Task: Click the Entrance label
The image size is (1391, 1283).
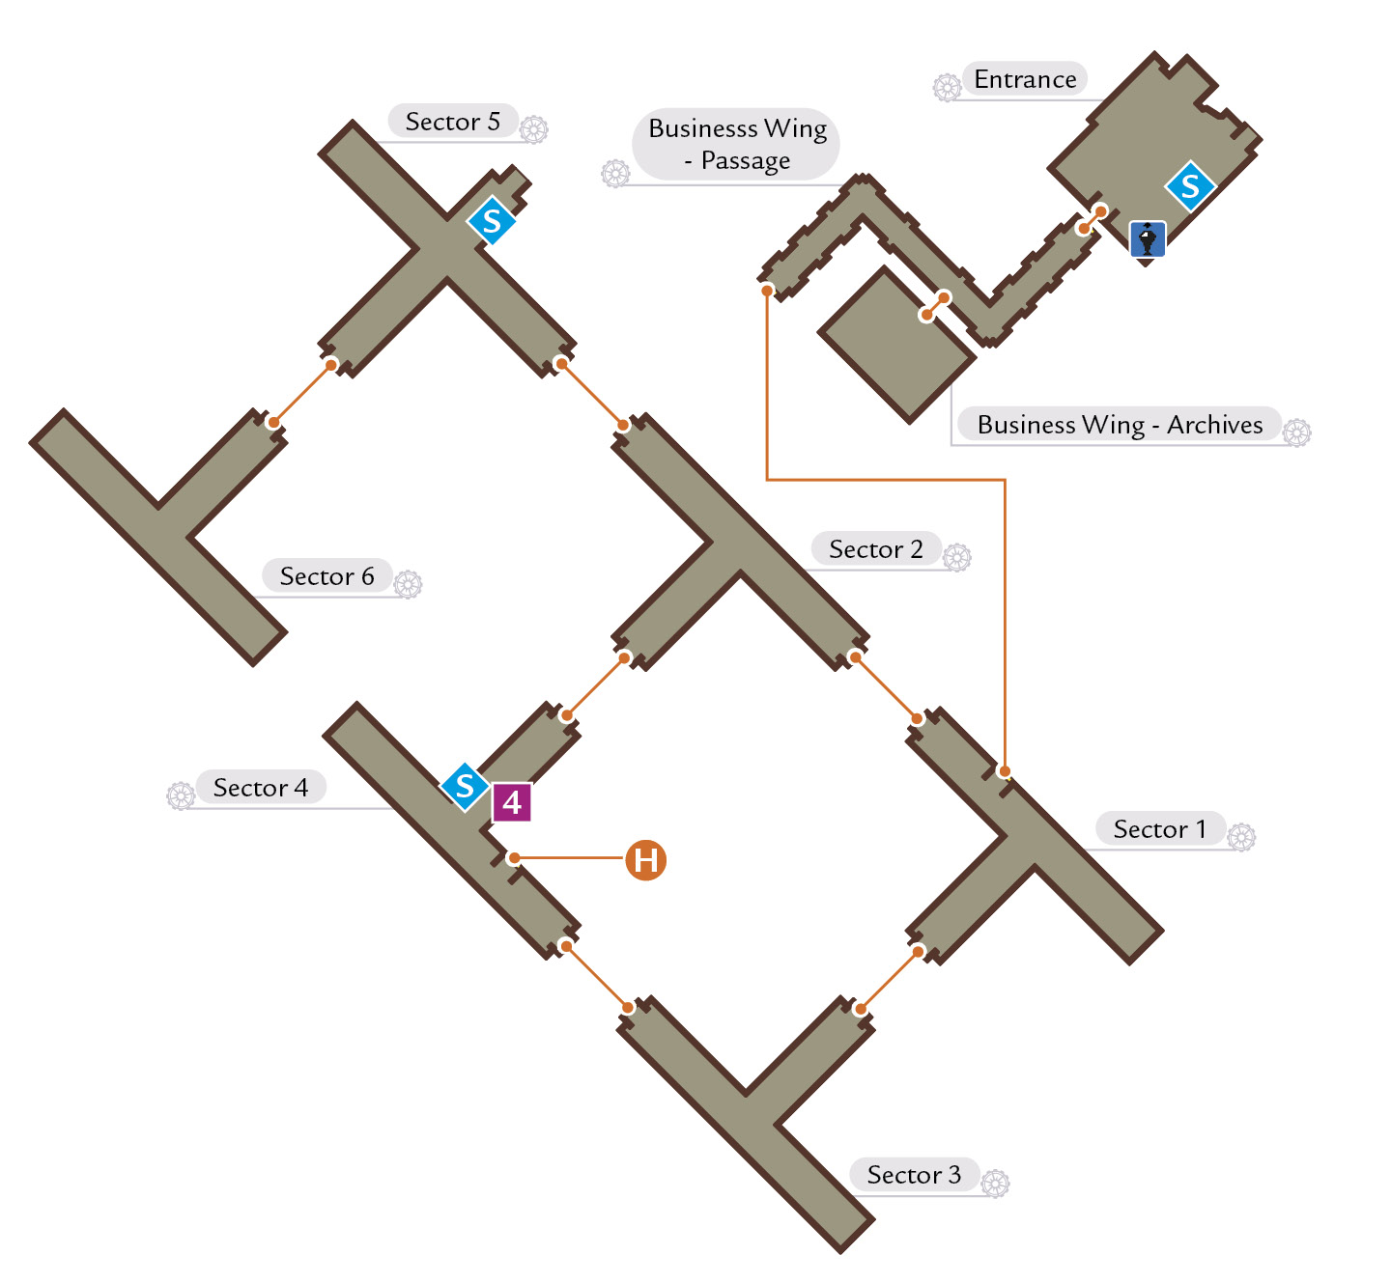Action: tap(1025, 79)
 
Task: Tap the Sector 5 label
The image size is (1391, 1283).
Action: tap(452, 122)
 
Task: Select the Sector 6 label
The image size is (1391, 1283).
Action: tap(326, 575)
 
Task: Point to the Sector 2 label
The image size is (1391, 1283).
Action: tap(875, 549)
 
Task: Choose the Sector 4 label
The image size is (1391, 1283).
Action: tap(261, 787)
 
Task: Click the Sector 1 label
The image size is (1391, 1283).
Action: tap(1159, 829)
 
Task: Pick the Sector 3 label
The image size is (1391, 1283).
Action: tap(913, 1175)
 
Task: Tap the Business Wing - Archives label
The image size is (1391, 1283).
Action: tap(1120, 425)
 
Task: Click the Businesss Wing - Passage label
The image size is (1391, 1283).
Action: tap(737, 144)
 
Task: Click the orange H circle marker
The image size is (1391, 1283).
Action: tap(645, 859)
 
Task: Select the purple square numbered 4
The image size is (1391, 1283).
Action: tap(512, 802)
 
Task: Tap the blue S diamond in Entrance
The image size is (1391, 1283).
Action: tap(1190, 186)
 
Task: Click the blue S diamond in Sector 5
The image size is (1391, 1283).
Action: tap(492, 220)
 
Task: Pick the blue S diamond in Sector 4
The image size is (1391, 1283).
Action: tap(465, 787)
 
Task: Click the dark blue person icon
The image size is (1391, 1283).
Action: tap(1147, 240)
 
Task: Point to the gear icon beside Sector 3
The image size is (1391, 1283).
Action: tap(995, 1184)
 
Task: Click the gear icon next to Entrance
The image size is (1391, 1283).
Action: tap(947, 88)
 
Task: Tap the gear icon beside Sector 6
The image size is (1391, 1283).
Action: tap(408, 584)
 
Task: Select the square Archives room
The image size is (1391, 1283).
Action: tap(896, 345)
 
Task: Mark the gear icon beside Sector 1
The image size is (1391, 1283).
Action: tap(1241, 837)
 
